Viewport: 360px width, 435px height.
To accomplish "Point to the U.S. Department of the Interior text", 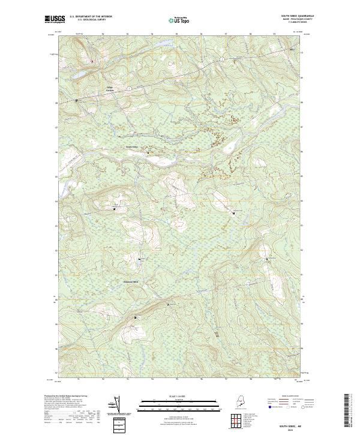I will [x=91, y=16].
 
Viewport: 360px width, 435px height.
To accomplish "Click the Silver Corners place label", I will [x=109, y=89].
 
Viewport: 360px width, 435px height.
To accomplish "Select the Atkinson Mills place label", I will [x=131, y=282].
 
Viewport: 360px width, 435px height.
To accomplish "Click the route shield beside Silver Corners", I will [x=128, y=88].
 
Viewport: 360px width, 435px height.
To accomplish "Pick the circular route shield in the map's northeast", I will [x=221, y=59].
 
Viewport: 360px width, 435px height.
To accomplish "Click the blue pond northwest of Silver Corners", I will [x=92, y=61].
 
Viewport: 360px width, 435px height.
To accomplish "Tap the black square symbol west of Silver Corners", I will [x=77, y=100].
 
